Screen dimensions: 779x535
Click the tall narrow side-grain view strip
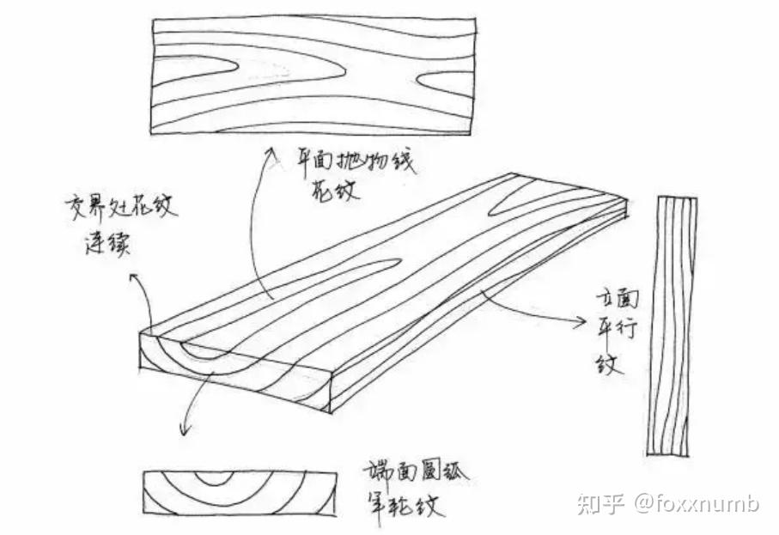(x=672, y=325)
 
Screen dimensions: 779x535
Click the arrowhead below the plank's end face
(x=182, y=430)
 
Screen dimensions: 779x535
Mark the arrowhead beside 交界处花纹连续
(x=132, y=280)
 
